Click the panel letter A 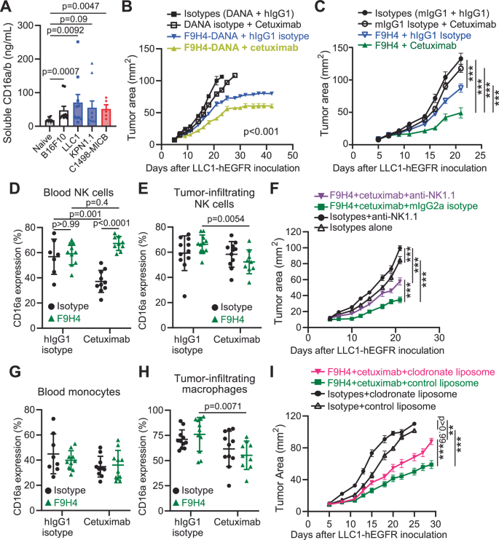[7, 8]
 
